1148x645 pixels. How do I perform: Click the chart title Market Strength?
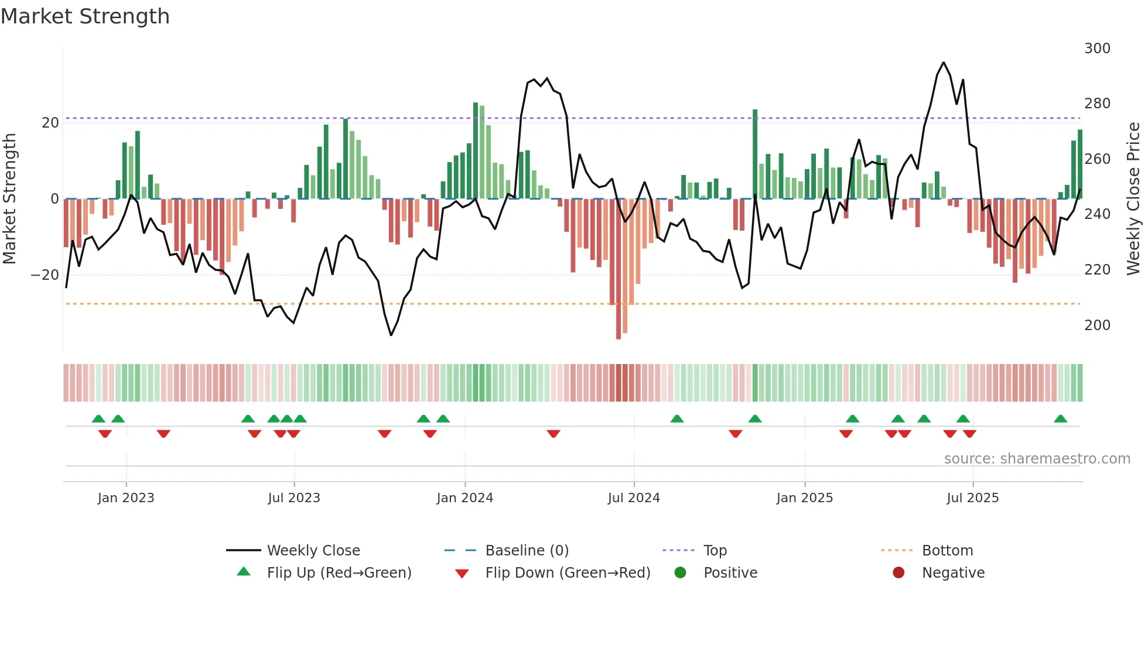(x=86, y=16)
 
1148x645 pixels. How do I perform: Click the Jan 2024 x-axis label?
(x=464, y=498)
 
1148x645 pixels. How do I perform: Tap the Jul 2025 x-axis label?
(x=972, y=498)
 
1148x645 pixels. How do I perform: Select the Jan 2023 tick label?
(x=126, y=498)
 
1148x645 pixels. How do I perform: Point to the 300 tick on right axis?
(x=1096, y=49)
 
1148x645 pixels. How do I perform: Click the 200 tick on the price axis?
(x=1096, y=325)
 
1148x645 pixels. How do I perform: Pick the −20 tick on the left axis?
(x=45, y=275)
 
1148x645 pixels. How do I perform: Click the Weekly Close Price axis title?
(x=1133, y=199)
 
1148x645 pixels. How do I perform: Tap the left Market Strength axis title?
(x=10, y=199)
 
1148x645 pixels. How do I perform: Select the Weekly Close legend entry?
(x=313, y=551)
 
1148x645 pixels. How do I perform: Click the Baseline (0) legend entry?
(x=527, y=551)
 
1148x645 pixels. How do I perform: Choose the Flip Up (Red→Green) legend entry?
(x=339, y=573)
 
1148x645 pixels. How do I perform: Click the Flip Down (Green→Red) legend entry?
(x=567, y=573)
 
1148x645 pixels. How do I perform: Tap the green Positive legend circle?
(x=680, y=573)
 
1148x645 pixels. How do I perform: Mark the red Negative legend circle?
(x=898, y=573)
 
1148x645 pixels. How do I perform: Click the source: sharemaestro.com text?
(x=1037, y=459)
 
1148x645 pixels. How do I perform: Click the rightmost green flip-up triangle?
(x=1060, y=419)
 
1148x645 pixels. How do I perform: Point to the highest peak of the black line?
(x=943, y=63)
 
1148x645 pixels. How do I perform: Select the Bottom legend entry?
(x=947, y=551)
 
